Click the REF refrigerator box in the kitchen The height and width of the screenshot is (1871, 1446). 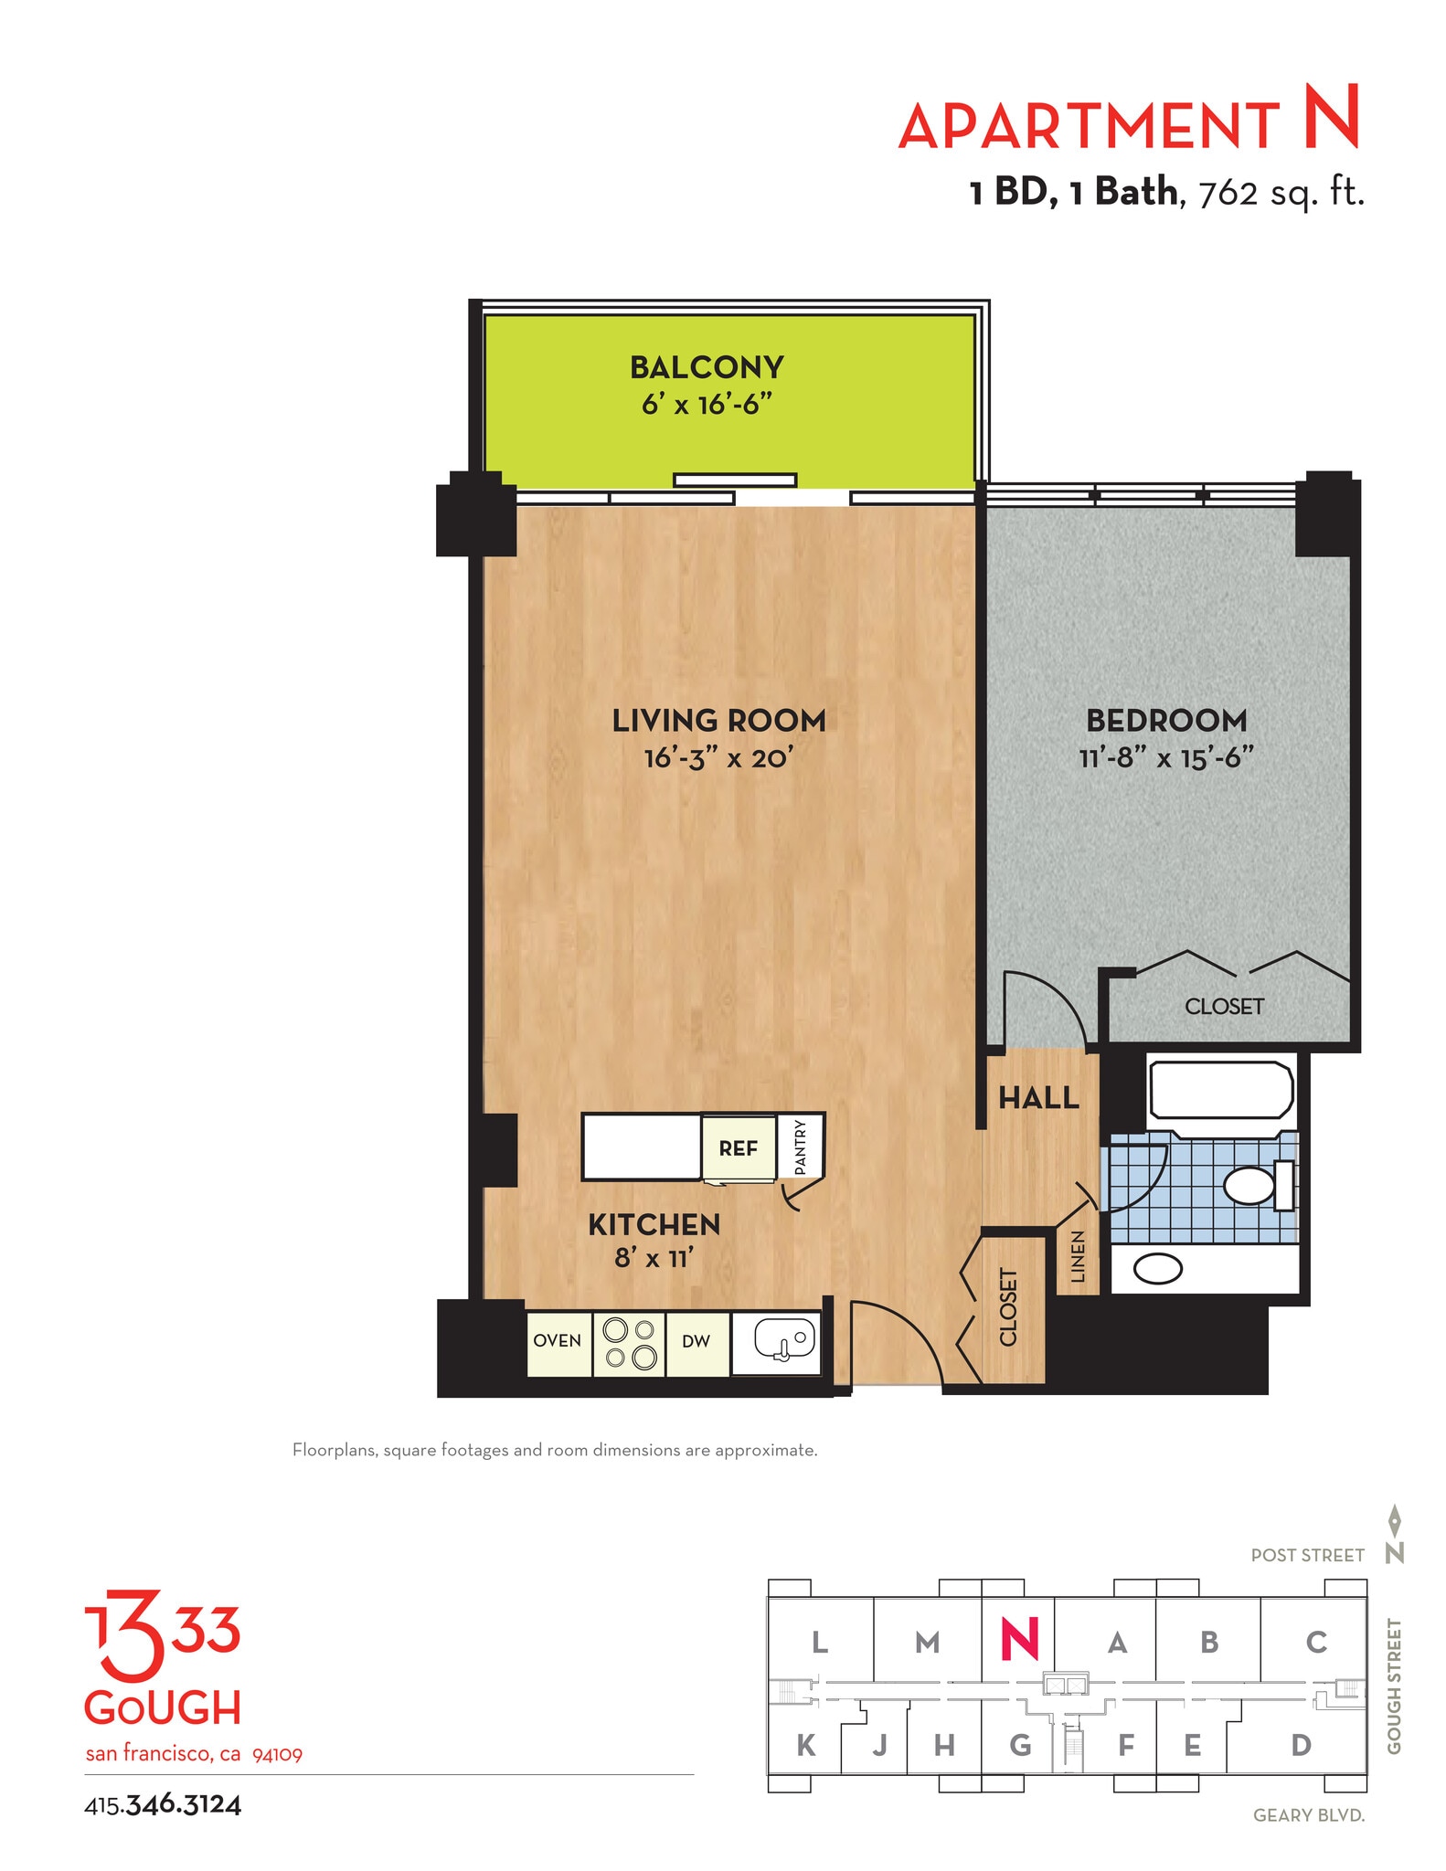coord(738,1147)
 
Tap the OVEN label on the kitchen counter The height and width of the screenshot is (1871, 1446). coord(557,1340)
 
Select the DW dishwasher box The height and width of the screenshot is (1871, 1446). coord(696,1341)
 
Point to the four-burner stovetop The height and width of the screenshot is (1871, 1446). coord(630,1343)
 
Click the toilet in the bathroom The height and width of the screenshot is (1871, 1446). coord(1252,1185)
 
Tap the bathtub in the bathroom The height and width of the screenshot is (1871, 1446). coord(1221,1091)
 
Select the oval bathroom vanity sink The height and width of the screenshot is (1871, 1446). coord(1158,1269)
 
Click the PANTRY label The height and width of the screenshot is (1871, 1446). coord(801,1147)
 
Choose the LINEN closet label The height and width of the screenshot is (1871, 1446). coord(1078,1257)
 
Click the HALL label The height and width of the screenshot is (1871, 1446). coord(1038,1097)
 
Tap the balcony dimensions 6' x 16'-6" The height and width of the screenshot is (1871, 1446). coord(707,404)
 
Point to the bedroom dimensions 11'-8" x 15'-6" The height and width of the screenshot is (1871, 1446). coord(1165,757)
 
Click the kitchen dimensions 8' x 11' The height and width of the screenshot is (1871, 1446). coord(654,1258)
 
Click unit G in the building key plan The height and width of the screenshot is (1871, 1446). coord(1020,1745)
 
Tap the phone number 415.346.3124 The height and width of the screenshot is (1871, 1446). coord(163,1804)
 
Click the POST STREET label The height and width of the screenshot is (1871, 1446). coord(1307,1555)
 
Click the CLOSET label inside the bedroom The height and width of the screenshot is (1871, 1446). coord(1224,1006)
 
